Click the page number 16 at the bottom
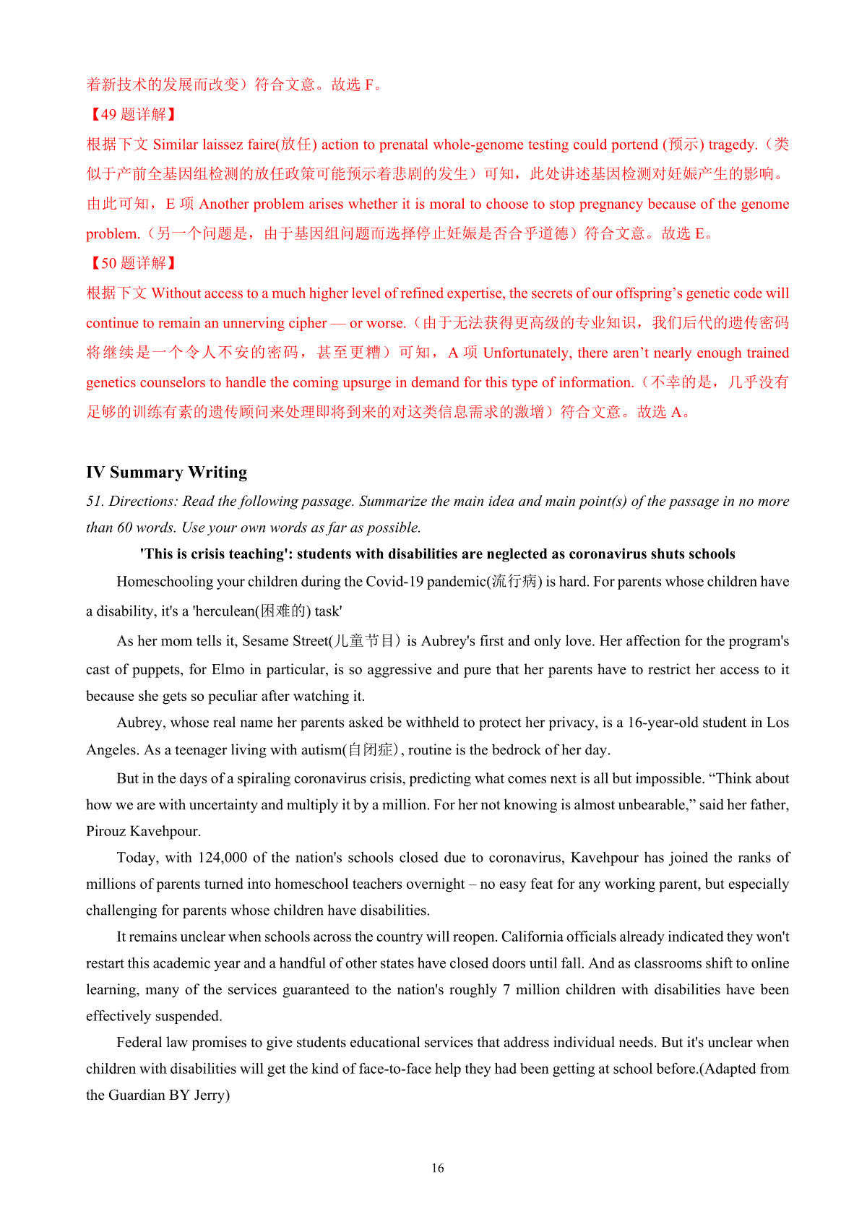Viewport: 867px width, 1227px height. pyautogui.click(x=437, y=1168)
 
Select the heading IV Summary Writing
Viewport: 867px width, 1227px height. pyautogui.click(x=166, y=472)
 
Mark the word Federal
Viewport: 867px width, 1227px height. pyautogui.click(x=139, y=1043)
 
